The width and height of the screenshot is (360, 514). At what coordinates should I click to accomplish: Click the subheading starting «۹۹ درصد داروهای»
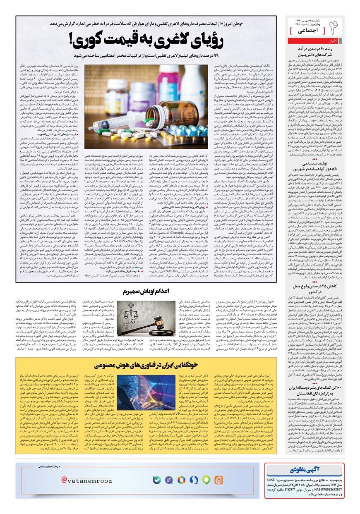tap(145, 55)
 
